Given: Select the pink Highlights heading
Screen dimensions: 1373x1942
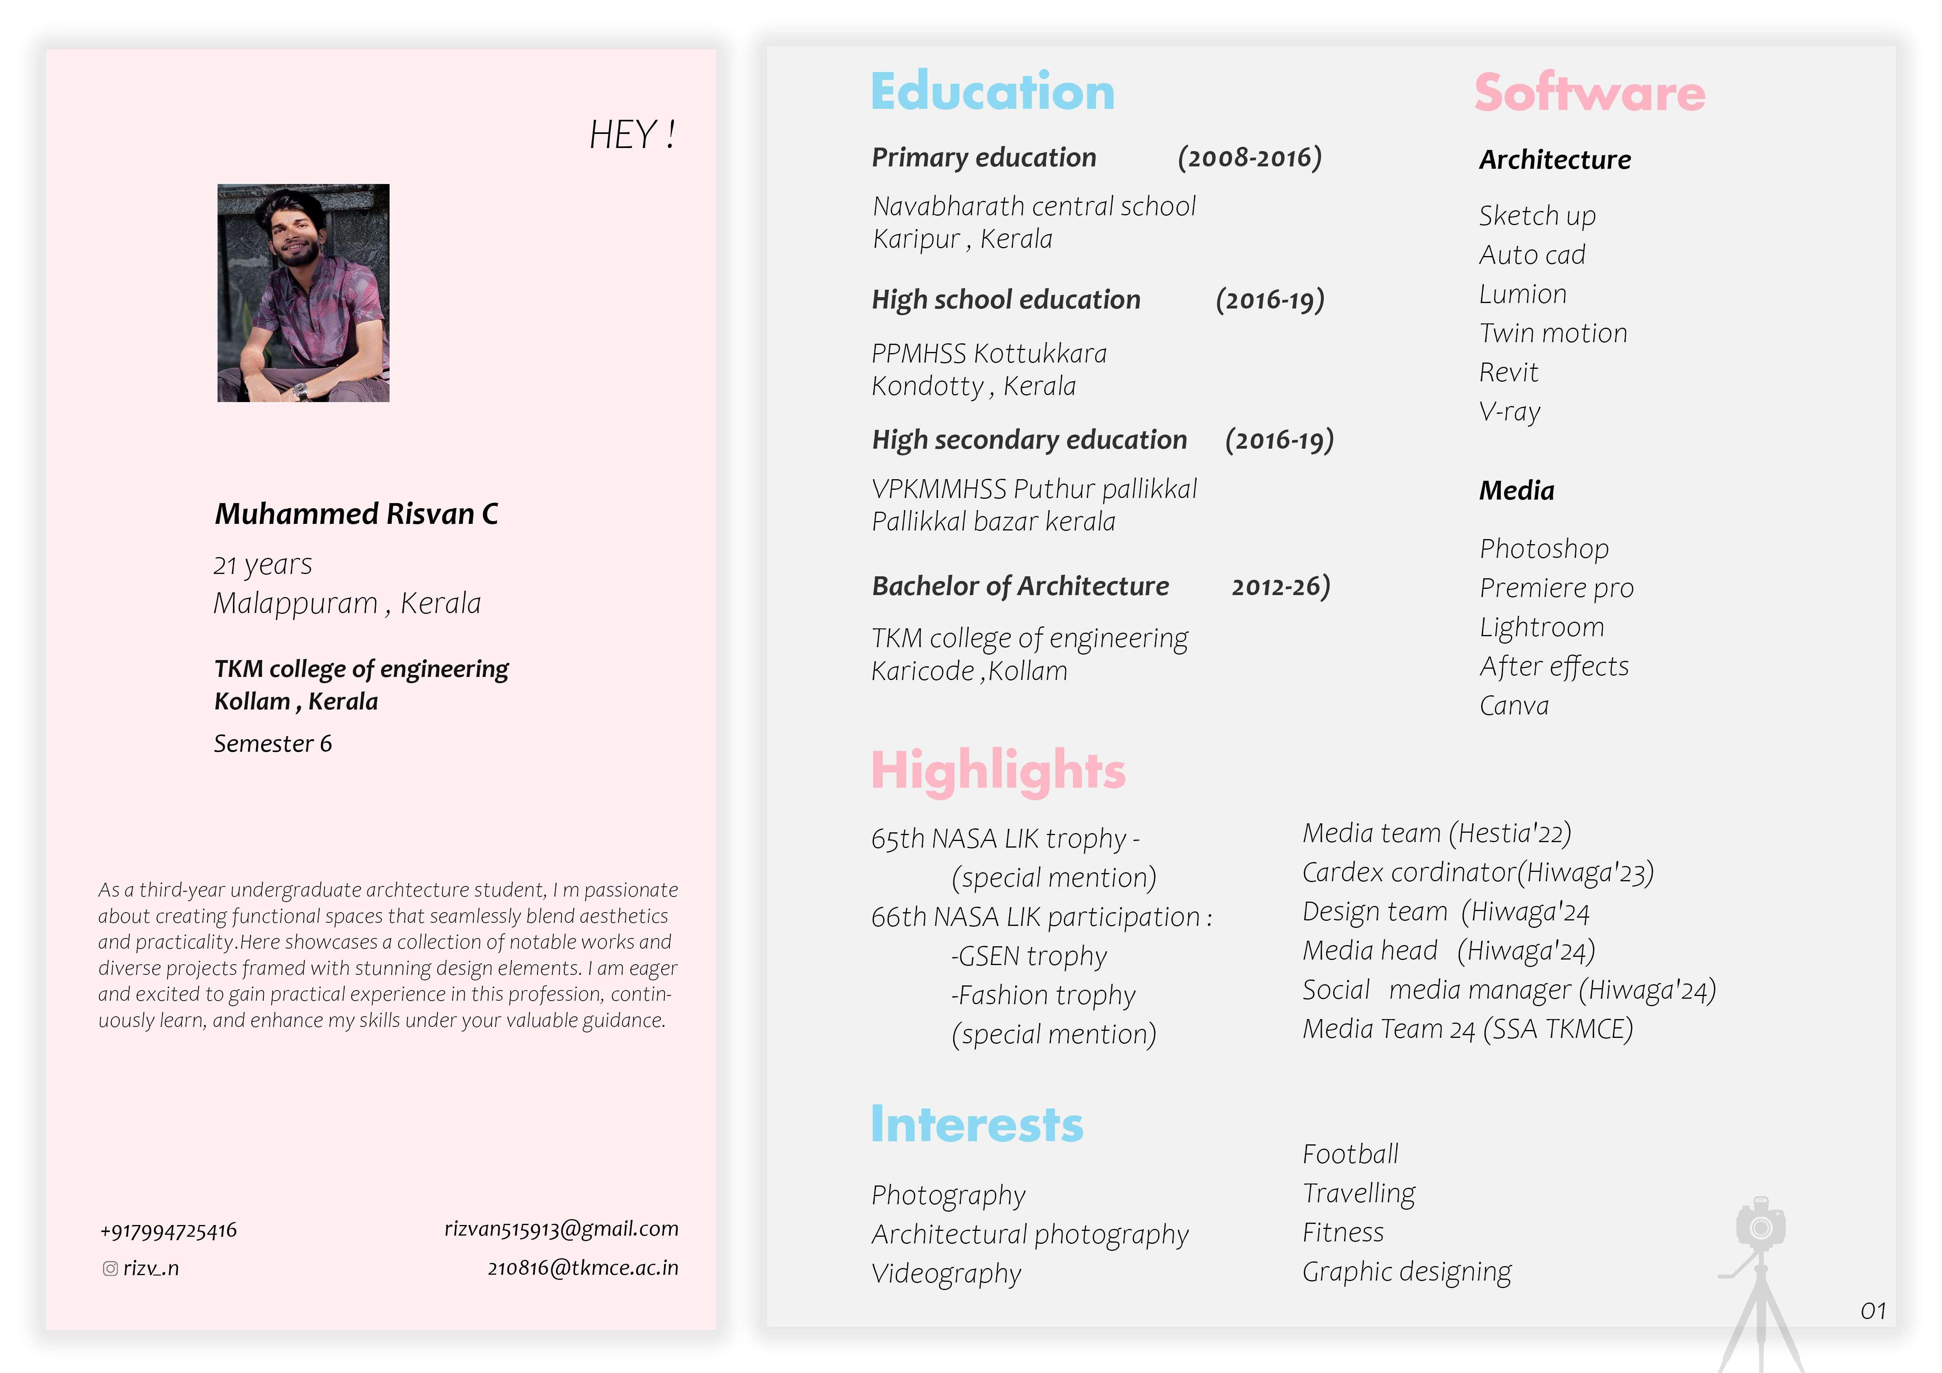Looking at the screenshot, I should [998, 771].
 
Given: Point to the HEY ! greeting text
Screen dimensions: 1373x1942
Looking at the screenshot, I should [632, 135].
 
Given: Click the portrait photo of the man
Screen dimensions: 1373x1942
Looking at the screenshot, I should [303, 293].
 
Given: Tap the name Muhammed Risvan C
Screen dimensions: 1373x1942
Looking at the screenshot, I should [356, 514].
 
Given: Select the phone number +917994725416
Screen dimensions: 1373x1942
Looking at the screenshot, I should [168, 1231].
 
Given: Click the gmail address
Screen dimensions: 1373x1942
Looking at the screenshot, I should [561, 1229].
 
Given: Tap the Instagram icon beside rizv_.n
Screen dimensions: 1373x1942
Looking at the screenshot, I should [110, 1268].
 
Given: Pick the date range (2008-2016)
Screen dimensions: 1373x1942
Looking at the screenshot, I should [1249, 157].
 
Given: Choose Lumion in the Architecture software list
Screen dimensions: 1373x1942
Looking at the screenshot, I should [1523, 294].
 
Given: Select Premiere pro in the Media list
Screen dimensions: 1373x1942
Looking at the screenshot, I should [1556, 588].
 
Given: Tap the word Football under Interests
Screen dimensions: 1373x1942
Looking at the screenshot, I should [1350, 1154].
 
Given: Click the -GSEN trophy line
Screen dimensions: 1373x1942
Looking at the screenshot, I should [1029, 956].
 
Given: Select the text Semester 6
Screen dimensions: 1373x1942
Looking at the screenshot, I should [273, 743].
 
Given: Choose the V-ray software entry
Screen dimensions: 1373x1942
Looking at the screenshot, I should [1510, 412].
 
